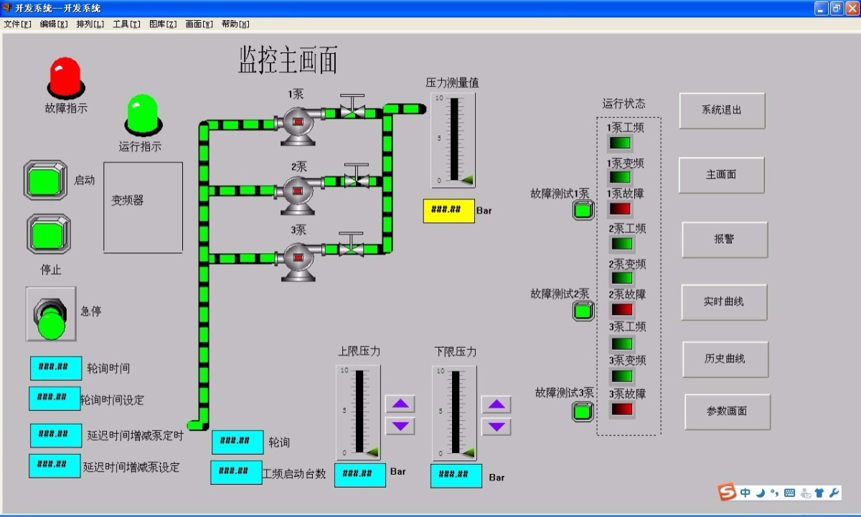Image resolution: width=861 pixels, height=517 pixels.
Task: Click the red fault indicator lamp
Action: coord(65,77)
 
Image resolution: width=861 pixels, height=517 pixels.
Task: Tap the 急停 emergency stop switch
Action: coord(51,315)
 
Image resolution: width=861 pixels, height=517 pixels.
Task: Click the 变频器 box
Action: coord(143,207)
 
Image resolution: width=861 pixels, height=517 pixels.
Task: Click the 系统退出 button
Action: coord(722,110)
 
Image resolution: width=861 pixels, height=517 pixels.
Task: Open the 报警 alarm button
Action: coord(725,239)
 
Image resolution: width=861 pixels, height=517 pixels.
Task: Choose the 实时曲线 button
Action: coord(724,302)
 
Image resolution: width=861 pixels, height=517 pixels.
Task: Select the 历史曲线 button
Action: coord(725,359)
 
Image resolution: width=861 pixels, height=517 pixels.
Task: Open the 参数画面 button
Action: coord(727,412)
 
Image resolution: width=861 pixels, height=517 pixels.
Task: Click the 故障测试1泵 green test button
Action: coord(583,210)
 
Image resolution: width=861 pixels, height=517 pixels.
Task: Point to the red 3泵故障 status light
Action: coord(621,409)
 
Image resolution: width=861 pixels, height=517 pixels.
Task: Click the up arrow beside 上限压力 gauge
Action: coord(400,404)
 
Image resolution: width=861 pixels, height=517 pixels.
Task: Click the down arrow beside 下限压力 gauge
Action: coord(496,427)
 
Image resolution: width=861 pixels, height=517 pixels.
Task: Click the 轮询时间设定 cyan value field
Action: coord(55,398)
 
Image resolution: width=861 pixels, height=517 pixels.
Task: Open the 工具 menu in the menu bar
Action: coord(126,24)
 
